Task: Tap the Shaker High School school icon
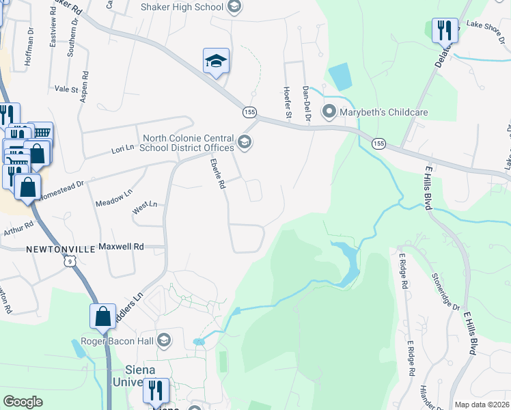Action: click(x=234, y=7)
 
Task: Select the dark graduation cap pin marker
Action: click(x=216, y=61)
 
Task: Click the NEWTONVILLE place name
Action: click(x=59, y=249)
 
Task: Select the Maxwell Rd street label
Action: click(x=122, y=246)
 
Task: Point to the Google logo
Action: click(x=23, y=402)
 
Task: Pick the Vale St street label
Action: click(x=67, y=89)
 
